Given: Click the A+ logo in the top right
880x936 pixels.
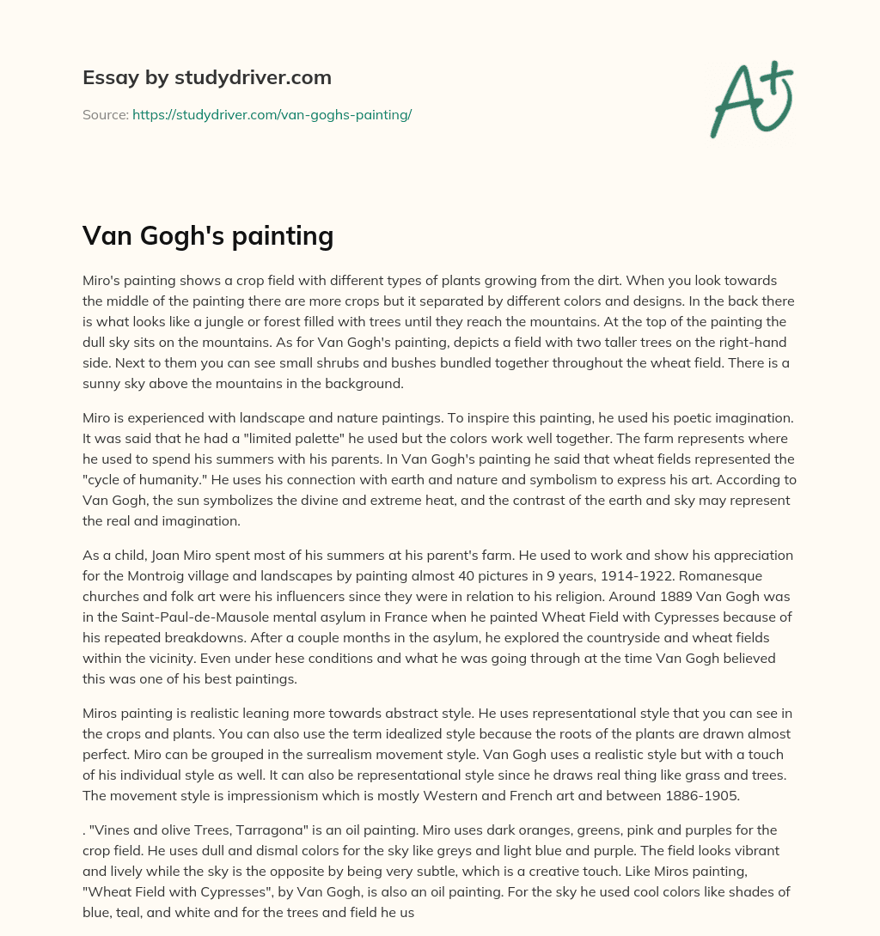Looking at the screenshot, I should (x=750, y=100).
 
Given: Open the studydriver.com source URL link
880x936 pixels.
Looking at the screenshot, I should (x=272, y=114).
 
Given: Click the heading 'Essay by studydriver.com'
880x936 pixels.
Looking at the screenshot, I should (x=206, y=77).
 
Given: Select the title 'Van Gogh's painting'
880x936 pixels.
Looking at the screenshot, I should (x=207, y=235).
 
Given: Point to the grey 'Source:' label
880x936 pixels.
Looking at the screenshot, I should (x=105, y=114).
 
